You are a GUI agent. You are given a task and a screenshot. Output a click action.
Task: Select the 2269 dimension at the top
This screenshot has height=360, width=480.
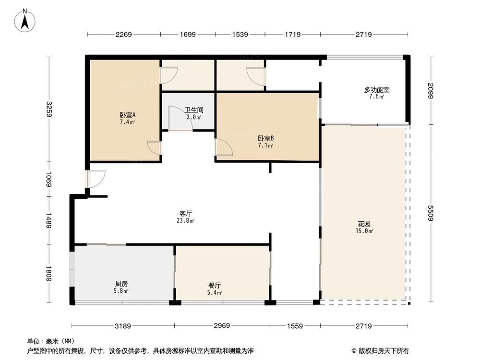click(123, 35)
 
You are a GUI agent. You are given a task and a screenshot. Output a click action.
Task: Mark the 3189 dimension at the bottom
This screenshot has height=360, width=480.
click(123, 326)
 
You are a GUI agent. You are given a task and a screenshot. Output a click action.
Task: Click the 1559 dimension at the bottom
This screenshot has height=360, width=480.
click(294, 326)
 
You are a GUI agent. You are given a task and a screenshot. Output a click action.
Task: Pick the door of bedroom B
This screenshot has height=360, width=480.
click(223, 147)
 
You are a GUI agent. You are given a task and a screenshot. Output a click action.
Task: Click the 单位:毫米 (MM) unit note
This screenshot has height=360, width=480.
click(50, 341)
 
